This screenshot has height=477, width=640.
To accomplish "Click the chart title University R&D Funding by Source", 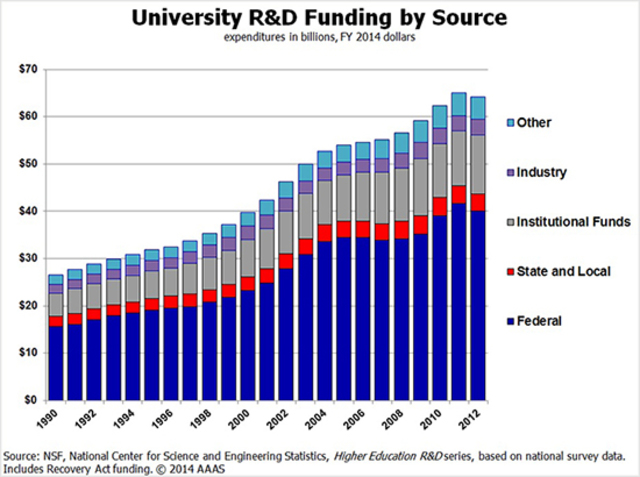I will coord(319,18).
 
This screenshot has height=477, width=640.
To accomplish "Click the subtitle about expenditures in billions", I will coord(319,39).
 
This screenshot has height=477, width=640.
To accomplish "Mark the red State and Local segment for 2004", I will coord(324,232).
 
